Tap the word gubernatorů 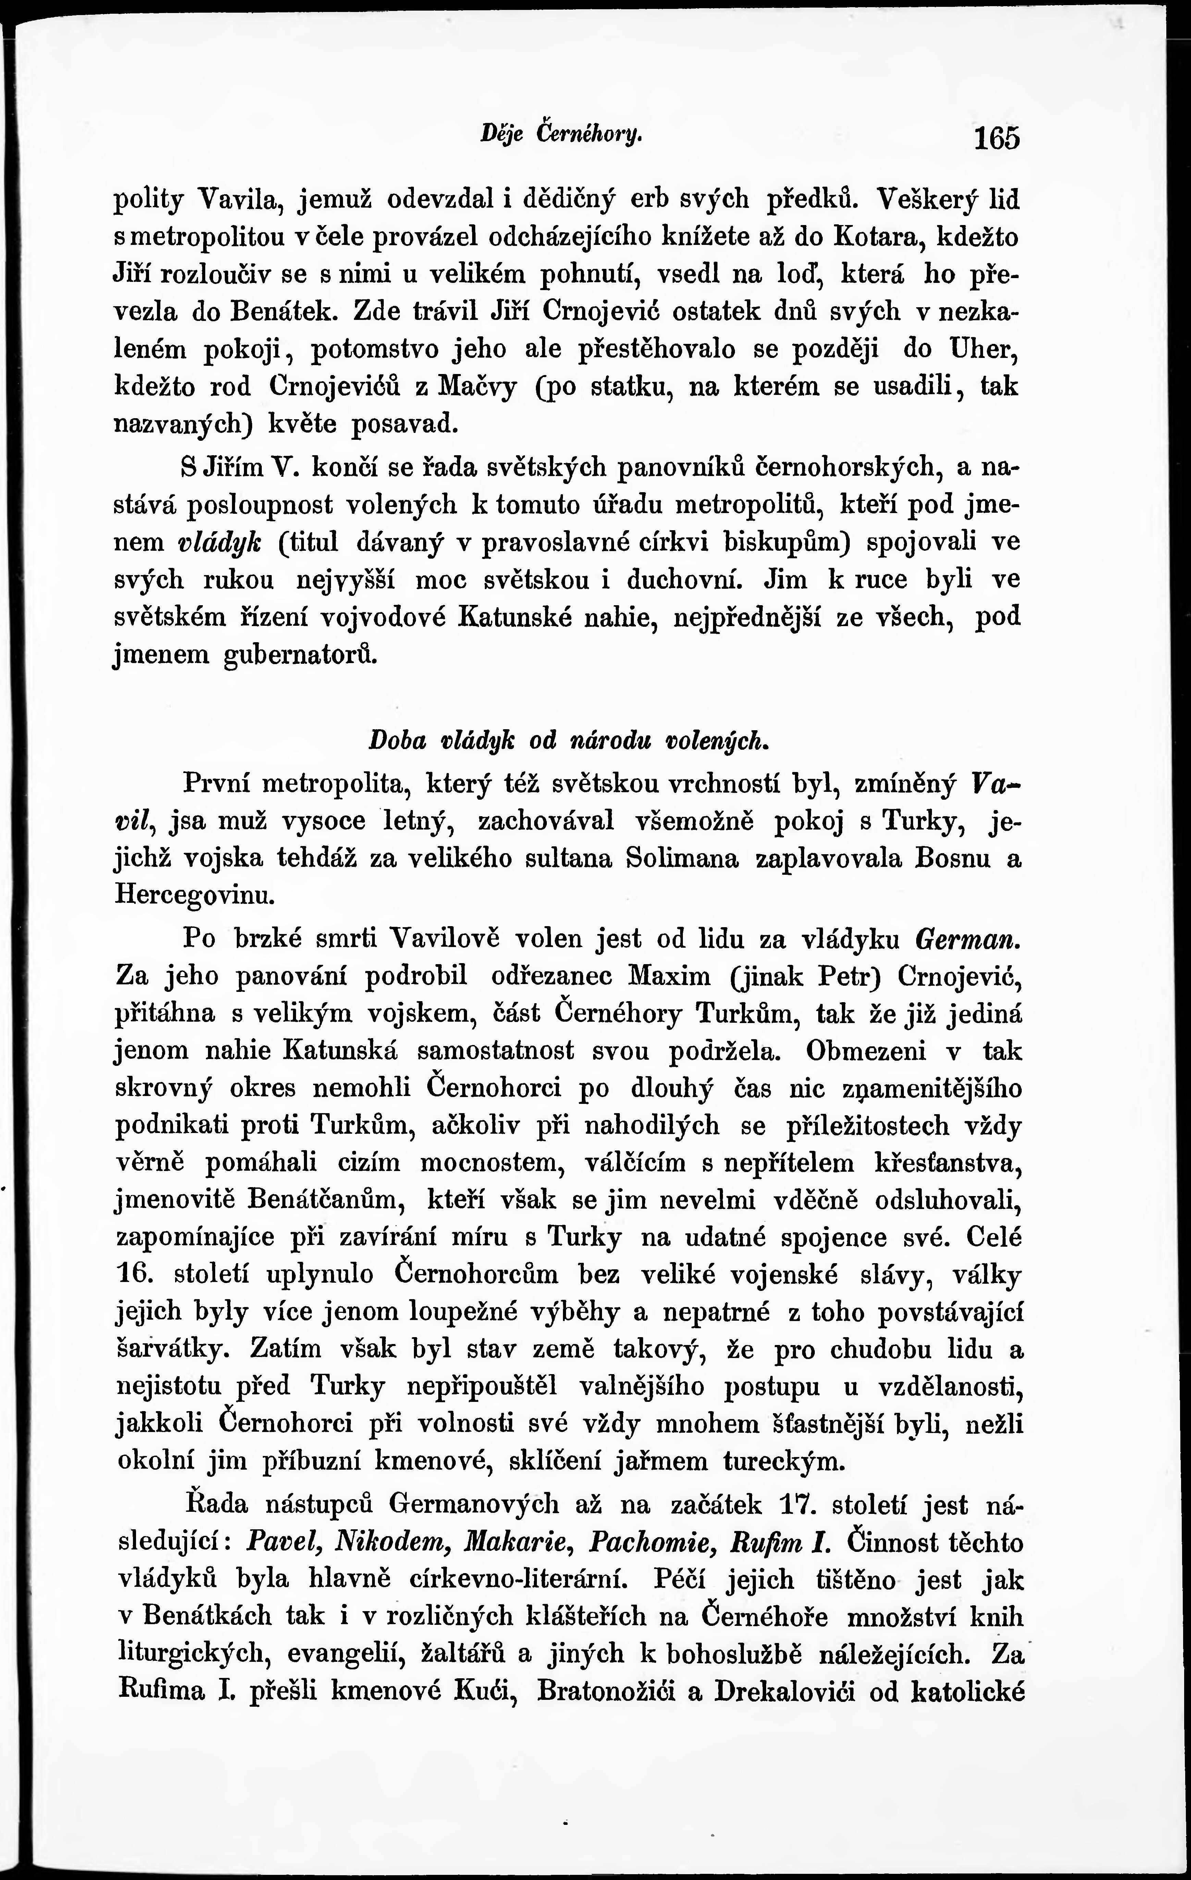[300, 654]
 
